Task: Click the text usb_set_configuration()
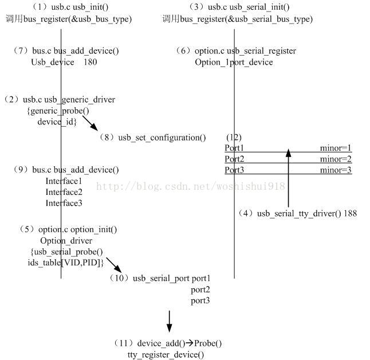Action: pos(162,138)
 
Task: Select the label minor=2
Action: pos(336,159)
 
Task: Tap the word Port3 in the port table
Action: pos(234,170)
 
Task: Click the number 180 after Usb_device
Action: pos(90,62)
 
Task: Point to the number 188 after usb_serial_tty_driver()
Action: pos(350,213)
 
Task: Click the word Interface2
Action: pos(64,192)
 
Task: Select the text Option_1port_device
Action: pos(234,62)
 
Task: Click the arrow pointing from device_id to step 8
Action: pos(90,123)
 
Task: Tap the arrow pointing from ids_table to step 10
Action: pos(113,265)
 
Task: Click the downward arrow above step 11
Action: pos(169,321)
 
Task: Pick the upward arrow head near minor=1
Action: pos(289,153)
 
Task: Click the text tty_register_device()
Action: pos(166,355)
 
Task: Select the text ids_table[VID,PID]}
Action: pos(66,262)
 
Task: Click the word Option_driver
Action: pos(66,241)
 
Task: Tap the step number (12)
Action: pos(234,138)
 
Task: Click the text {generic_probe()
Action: pos(58,111)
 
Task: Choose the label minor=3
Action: pos(336,170)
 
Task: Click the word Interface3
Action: pos(64,203)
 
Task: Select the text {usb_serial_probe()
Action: pos(66,252)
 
